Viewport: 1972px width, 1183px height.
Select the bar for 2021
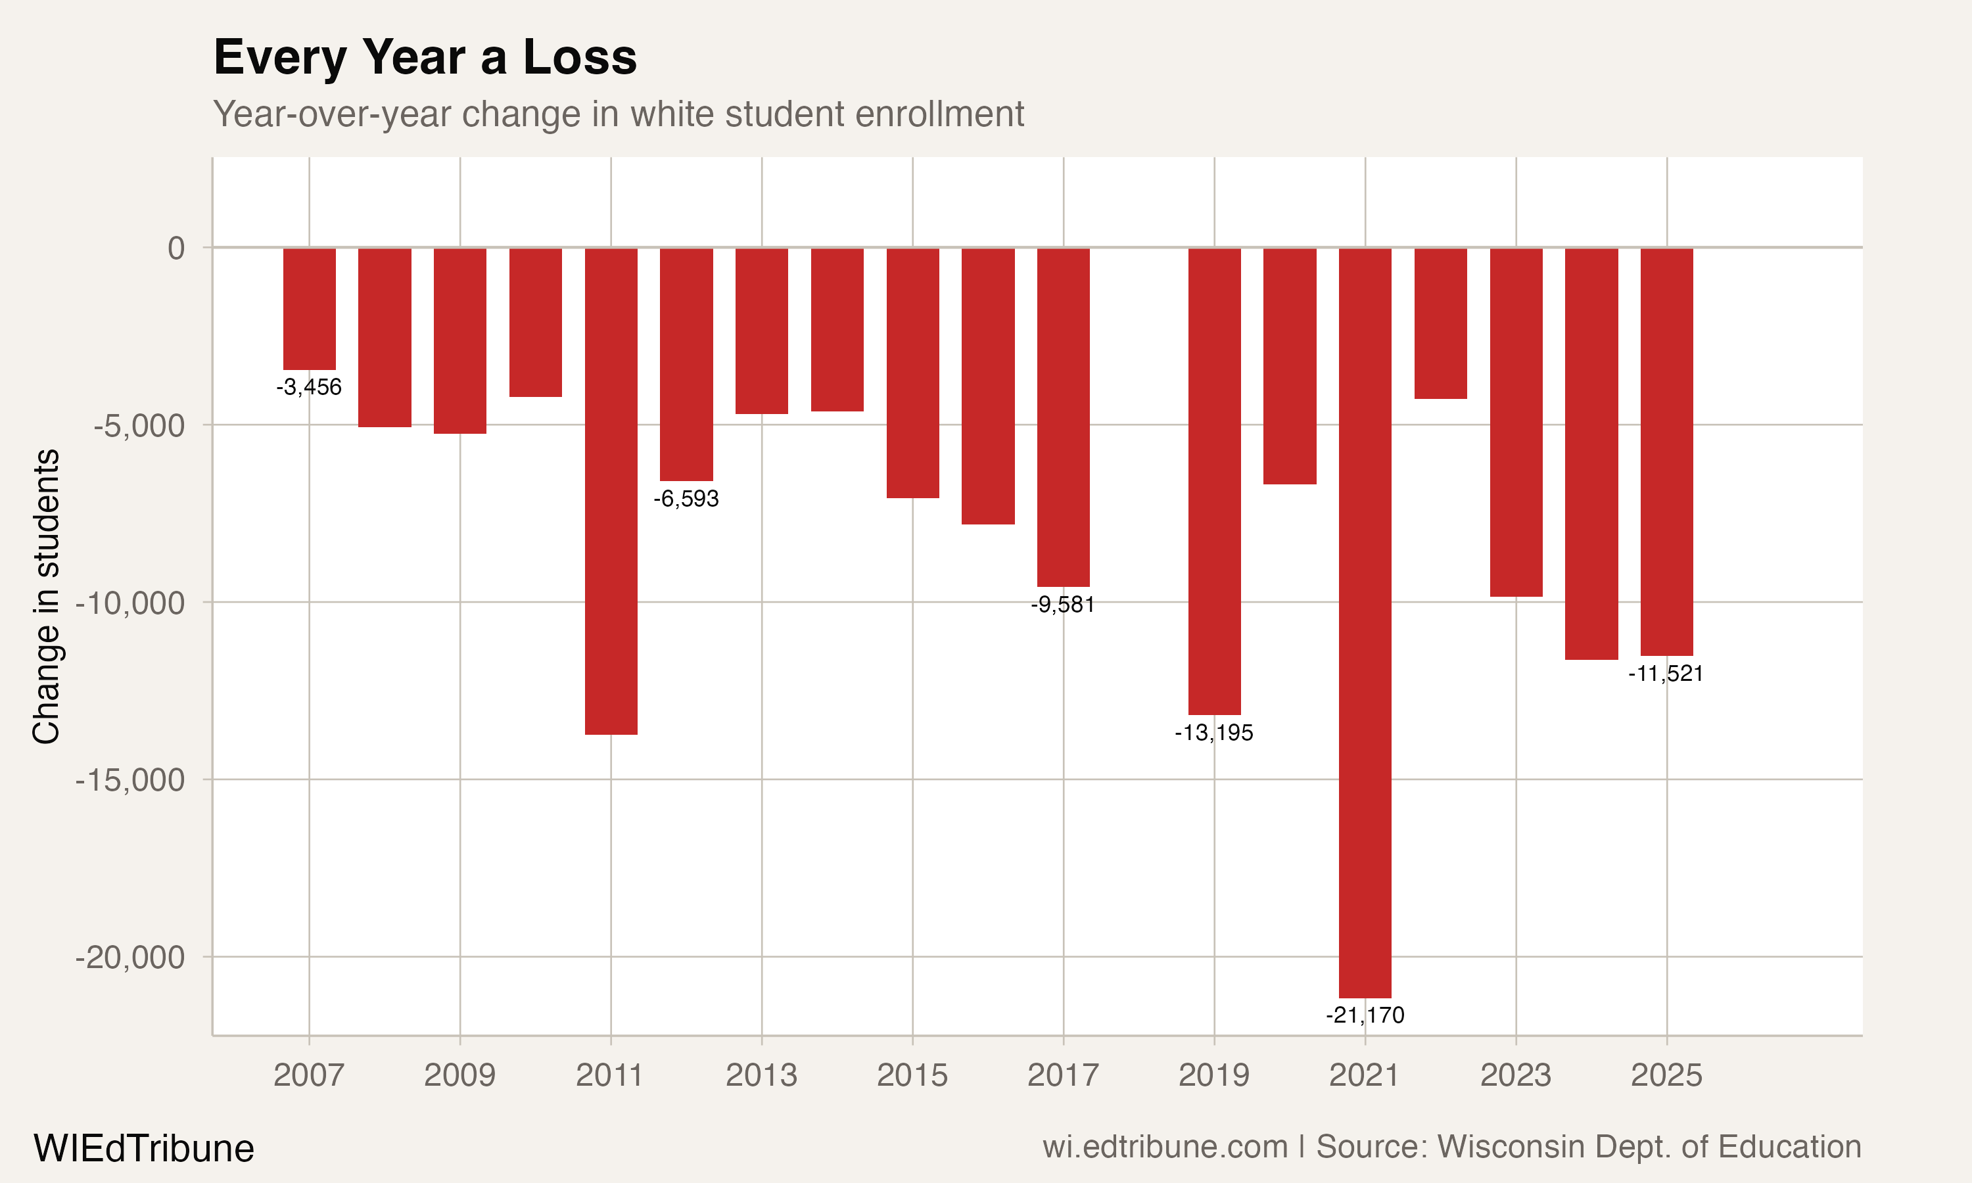(1365, 622)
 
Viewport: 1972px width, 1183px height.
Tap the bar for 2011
(611, 490)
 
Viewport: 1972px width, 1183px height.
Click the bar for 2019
(1214, 480)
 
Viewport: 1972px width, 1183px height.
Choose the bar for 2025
(1666, 452)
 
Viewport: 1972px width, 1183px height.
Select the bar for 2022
(1440, 323)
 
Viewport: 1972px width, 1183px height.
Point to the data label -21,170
(1365, 1015)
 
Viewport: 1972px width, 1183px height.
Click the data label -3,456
(308, 387)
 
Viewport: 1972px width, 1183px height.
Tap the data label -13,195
(1214, 733)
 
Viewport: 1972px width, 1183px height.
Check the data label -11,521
(1665, 674)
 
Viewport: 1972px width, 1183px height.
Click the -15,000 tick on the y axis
(130, 779)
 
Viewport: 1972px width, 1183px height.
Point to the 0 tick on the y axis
(176, 248)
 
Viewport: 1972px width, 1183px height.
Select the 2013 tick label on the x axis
(761, 1075)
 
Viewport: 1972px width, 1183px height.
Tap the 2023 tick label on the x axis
(1515, 1075)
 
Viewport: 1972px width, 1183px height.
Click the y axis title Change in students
(46, 596)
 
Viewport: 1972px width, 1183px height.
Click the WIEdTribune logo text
(143, 1149)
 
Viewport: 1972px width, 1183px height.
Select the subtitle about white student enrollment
(618, 114)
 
